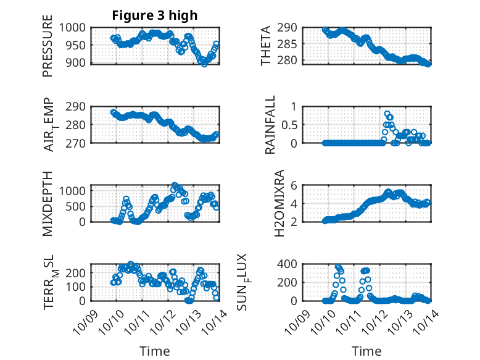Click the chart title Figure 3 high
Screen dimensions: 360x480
pyautogui.click(x=154, y=15)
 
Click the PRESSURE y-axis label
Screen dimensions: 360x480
pyautogui.click(x=48, y=50)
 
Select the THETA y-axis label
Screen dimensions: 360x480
pyautogui.click(x=266, y=46)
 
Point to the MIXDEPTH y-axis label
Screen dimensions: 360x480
pyautogui.click(x=48, y=204)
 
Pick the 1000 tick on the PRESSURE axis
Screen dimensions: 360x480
pyautogui.click(x=78, y=27)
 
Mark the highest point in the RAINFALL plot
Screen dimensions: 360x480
pyautogui.click(x=387, y=114)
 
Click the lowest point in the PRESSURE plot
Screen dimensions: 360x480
pyautogui.click(x=204, y=64)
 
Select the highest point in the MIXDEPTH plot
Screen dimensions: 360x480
pyautogui.click(x=175, y=185)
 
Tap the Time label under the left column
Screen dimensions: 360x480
pyautogui.click(x=154, y=351)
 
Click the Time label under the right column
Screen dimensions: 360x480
pyautogui.click(x=366, y=351)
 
